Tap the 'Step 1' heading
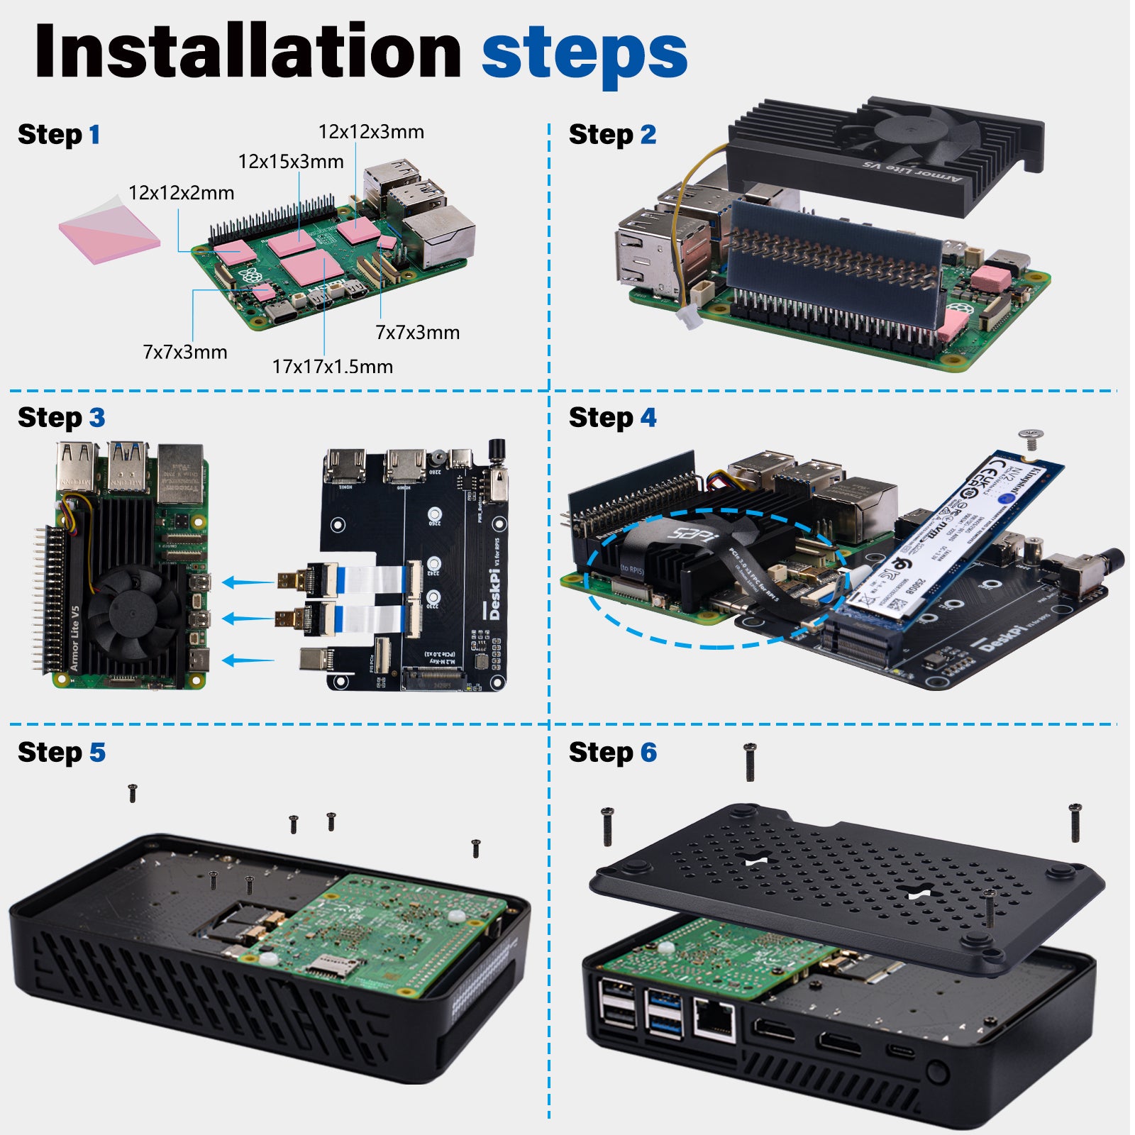click(x=59, y=134)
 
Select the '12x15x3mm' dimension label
click(x=291, y=162)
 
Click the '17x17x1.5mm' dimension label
click(x=332, y=367)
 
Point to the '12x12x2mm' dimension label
click(x=181, y=193)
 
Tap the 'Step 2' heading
click(x=612, y=134)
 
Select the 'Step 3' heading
click(x=61, y=417)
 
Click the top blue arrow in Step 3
click(x=248, y=582)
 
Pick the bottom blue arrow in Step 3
click(x=248, y=660)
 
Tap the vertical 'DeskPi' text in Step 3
click(x=494, y=592)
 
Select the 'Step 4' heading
click(x=612, y=417)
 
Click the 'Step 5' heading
click(x=61, y=752)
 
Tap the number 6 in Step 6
click(x=648, y=752)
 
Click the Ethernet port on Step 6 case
click(x=714, y=1019)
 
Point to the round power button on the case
click(x=937, y=1071)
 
